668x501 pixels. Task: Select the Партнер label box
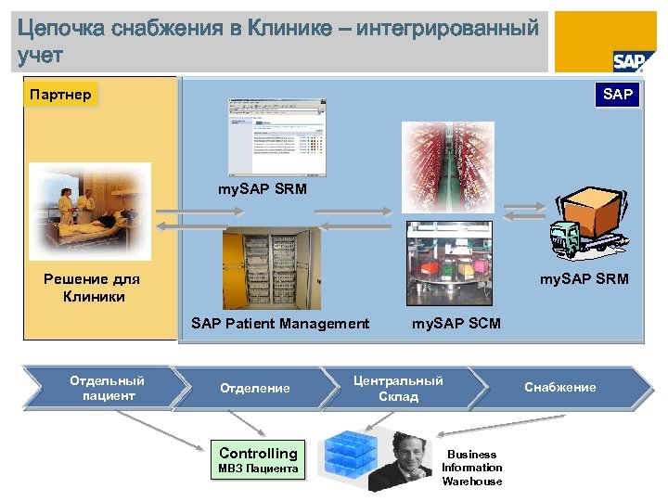tap(60, 95)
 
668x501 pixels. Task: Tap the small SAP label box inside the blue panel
tap(618, 95)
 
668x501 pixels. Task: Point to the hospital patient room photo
tap(89, 211)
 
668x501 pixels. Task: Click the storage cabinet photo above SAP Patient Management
tap(271, 268)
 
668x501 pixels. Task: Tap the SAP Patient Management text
tap(280, 324)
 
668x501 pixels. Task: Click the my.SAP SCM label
tap(456, 324)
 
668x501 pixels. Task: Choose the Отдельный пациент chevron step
tap(107, 388)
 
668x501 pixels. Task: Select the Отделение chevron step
tap(255, 388)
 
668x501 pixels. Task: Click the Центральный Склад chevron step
tap(398, 388)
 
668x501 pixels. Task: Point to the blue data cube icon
tap(350, 457)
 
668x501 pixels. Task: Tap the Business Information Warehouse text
tap(471, 468)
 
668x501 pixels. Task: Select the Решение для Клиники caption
tap(91, 288)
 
